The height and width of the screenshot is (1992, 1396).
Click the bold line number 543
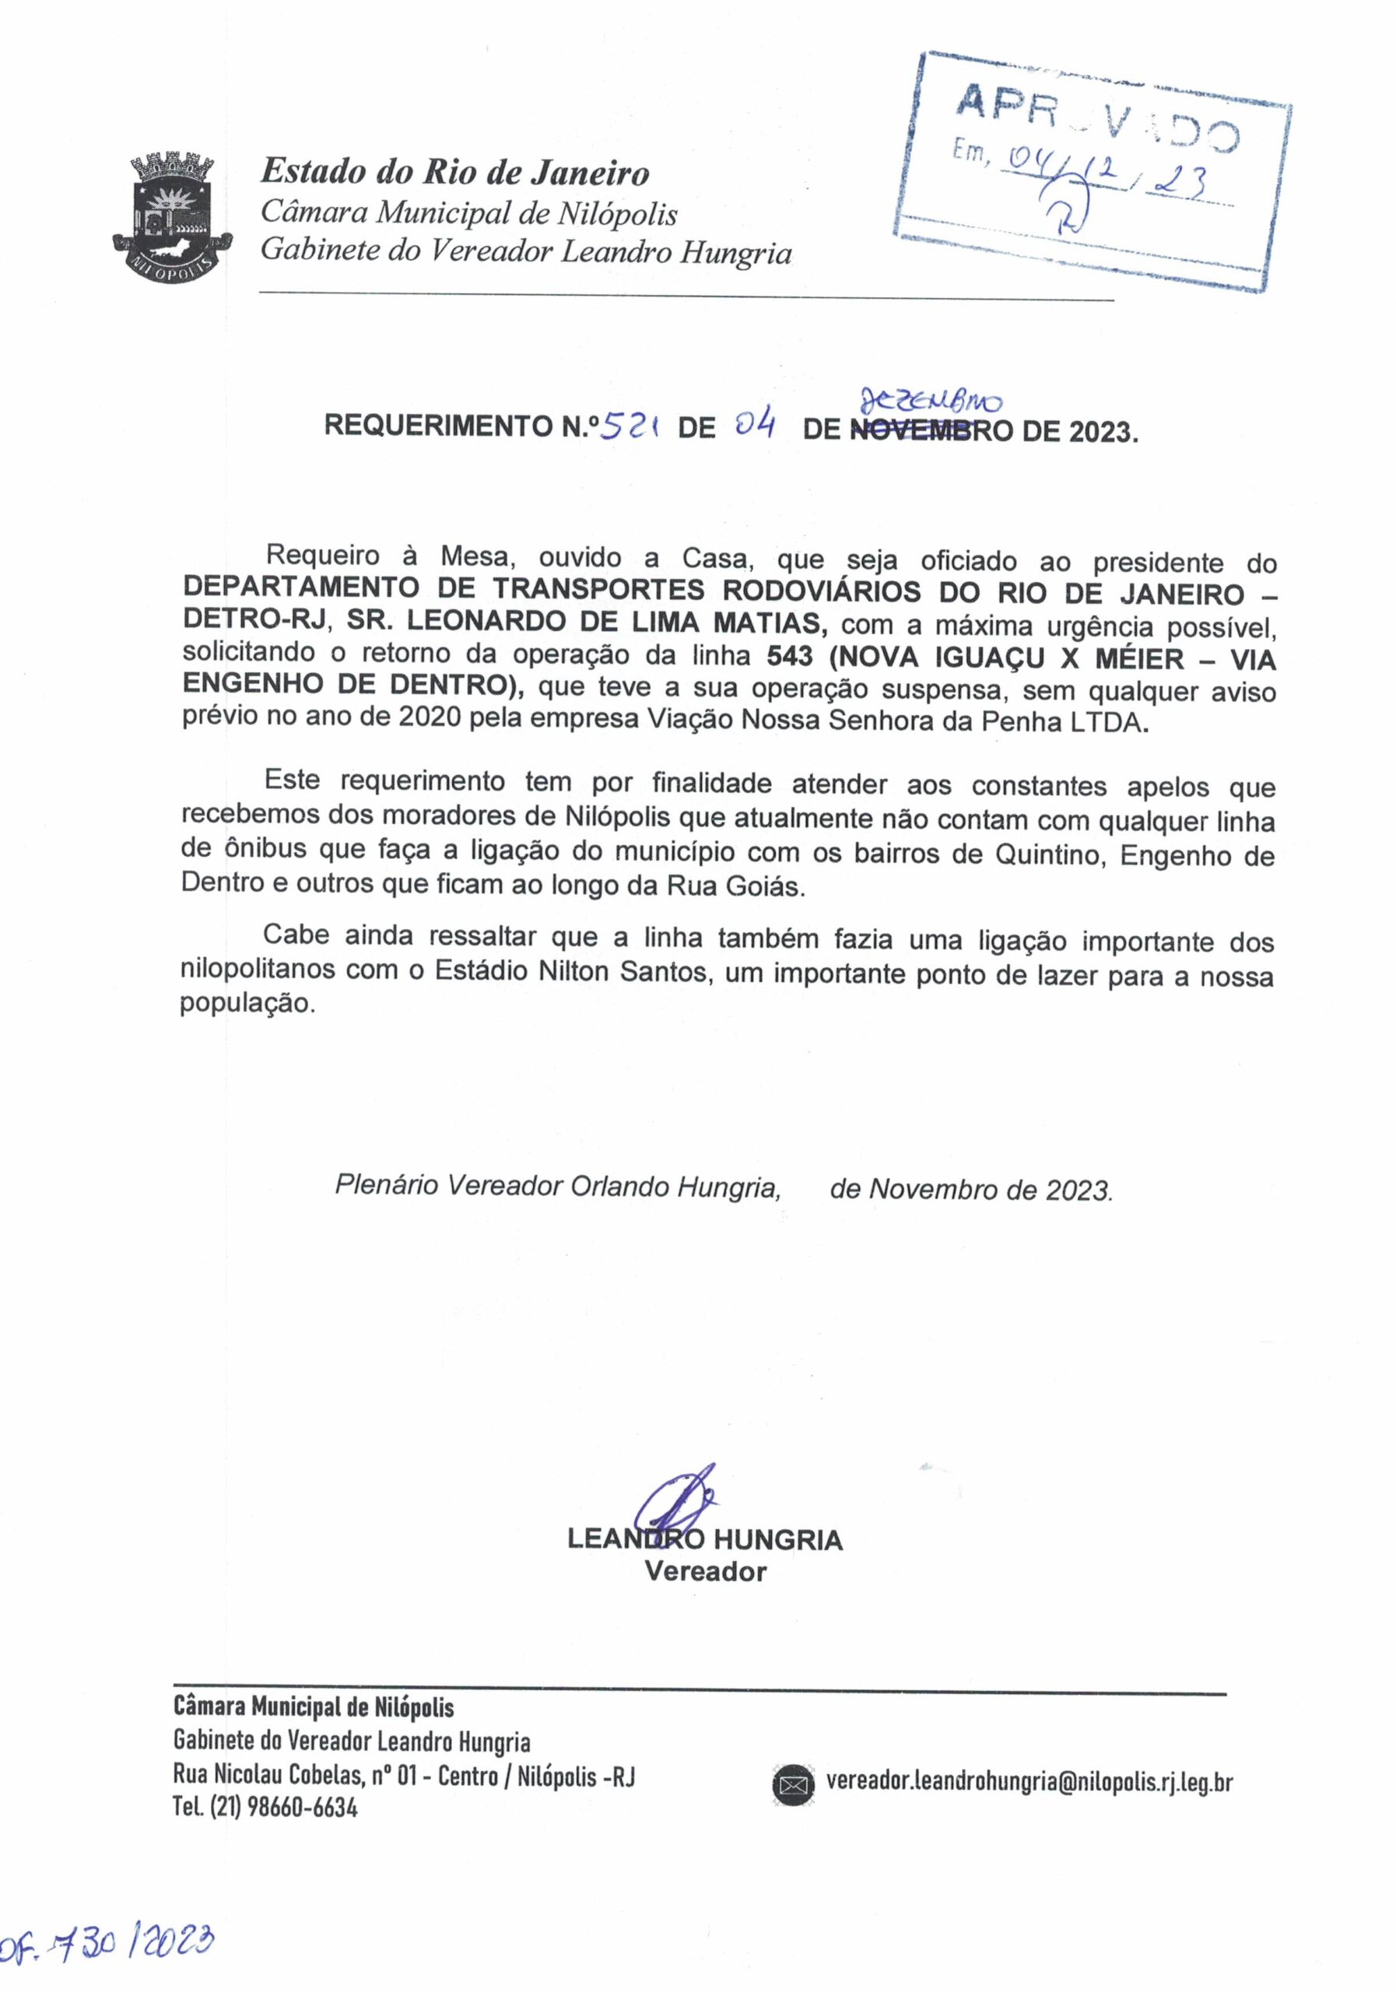click(x=789, y=657)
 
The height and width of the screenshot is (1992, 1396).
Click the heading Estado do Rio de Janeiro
click(x=454, y=172)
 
